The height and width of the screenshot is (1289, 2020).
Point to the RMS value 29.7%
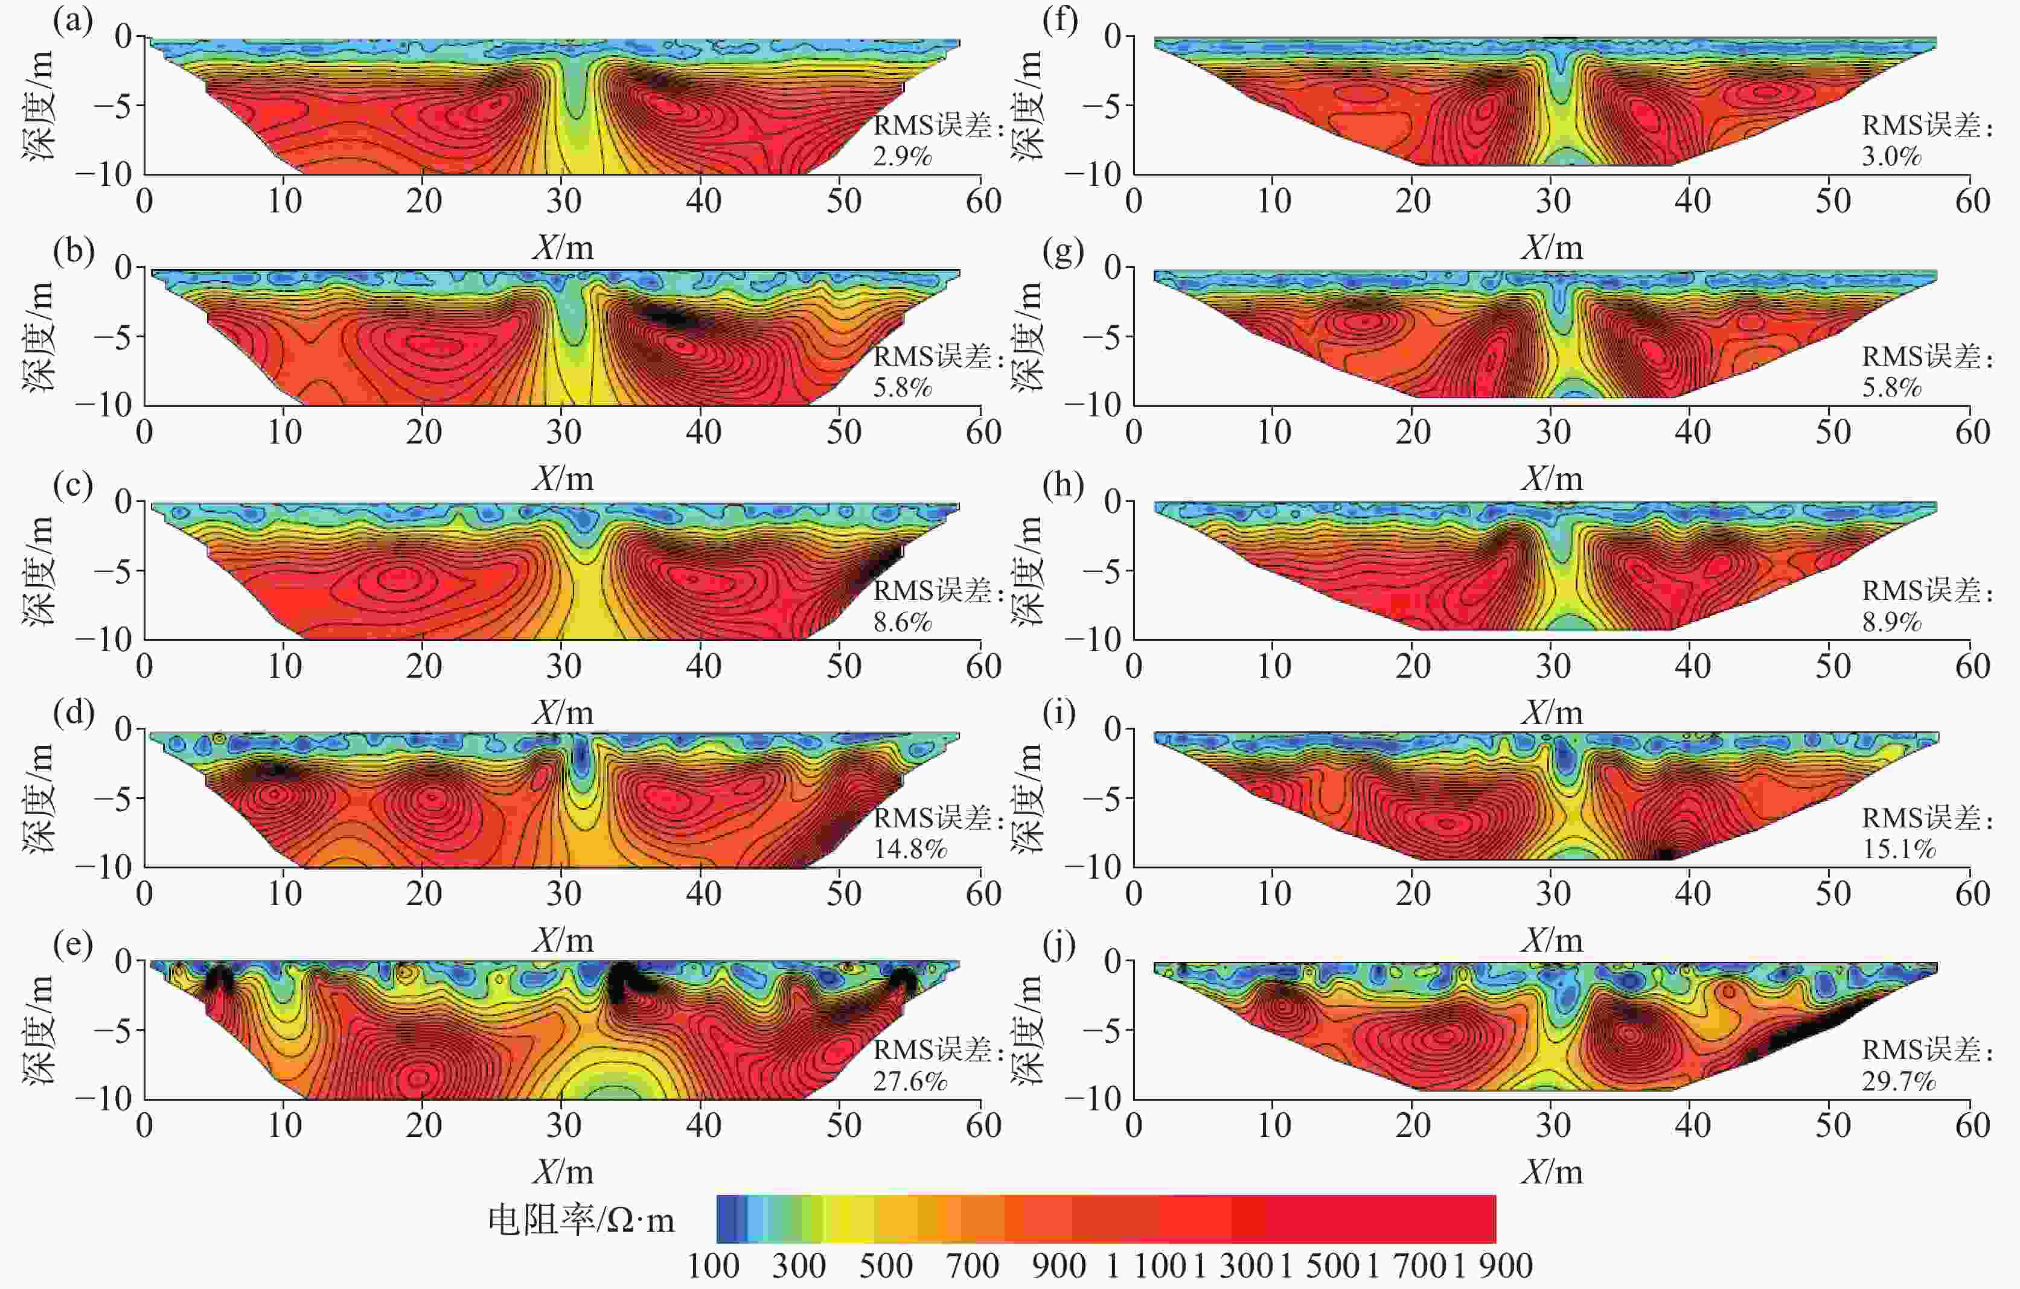1899,1081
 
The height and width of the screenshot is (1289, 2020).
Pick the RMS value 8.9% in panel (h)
1891,622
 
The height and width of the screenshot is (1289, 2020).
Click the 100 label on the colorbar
713,1265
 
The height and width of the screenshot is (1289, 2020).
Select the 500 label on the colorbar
886,1265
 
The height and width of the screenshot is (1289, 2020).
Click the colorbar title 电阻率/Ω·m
581,1220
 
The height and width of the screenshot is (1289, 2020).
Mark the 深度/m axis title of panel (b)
39,336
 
